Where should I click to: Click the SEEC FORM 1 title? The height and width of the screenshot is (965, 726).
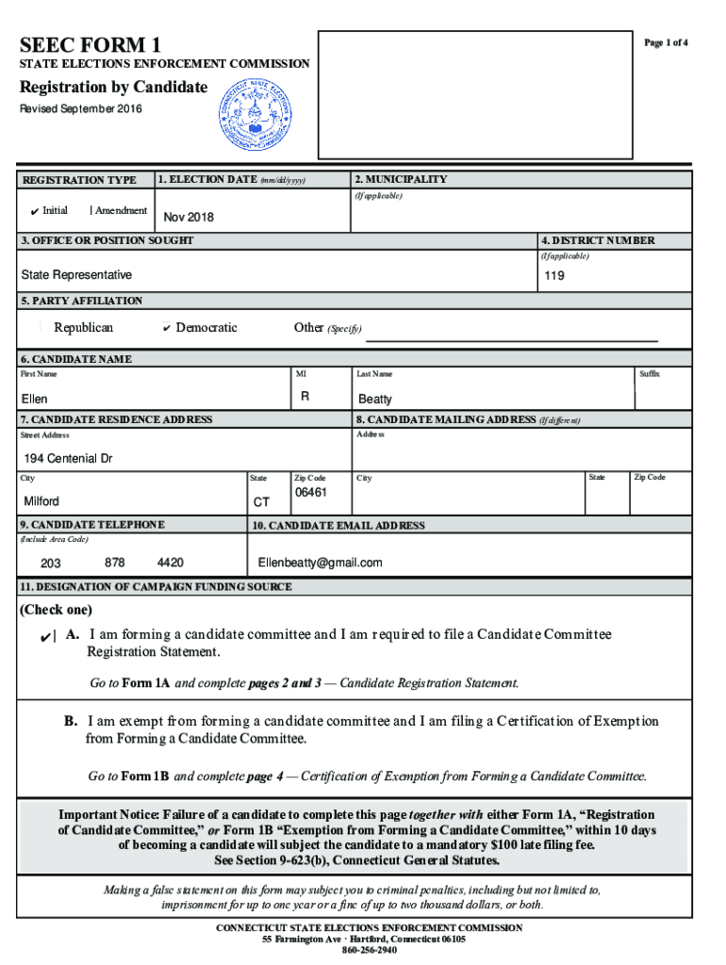pyautogui.click(x=91, y=44)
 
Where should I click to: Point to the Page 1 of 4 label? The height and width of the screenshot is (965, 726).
pyautogui.click(x=666, y=43)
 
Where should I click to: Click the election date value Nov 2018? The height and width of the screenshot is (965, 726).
pyautogui.click(x=189, y=218)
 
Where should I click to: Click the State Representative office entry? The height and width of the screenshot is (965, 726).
pyautogui.click(x=76, y=275)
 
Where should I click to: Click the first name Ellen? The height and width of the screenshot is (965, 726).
pyautogui.click(x=35, y=400)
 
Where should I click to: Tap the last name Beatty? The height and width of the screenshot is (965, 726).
pyautogui.click(x=374, y=400)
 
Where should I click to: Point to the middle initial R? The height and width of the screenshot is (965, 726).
pyautogui.click(x=305, y=398)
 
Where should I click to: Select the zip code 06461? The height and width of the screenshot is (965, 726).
pyautogui.click(x=310, y=493)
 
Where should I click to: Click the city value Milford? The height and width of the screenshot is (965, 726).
pyautogui.click(x=41, y=501)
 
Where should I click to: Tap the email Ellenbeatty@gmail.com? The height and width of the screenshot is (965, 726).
pyautogui.click(x=321, y=563)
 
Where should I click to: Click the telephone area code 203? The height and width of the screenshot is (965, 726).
pyautogui.click(x=51, y=564)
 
